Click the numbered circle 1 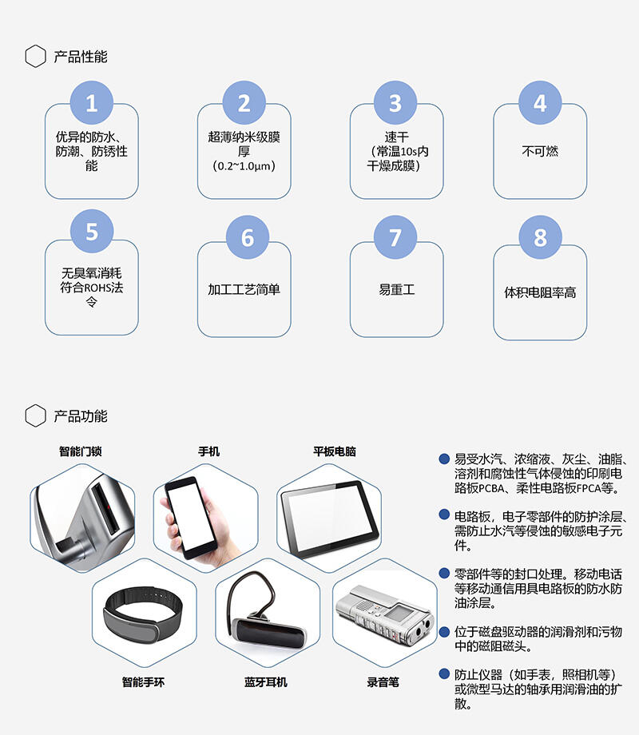click(91, 102)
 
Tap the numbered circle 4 click(540, 102)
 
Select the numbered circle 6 click(247, 237)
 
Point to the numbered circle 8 click(540, 237)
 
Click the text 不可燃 click(540, 152)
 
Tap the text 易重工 click(397, 290)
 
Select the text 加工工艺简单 click(244, 290)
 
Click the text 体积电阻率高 click(540, 292)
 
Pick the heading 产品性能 click(81, 57)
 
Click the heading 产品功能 click(81, 415)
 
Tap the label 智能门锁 click(80, 451)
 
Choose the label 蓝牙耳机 click(265, 682)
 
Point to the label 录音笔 click(383, 682)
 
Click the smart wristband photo click(143, 613)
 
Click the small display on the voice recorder click(402, 614)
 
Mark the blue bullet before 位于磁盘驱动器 click(444, 631)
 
